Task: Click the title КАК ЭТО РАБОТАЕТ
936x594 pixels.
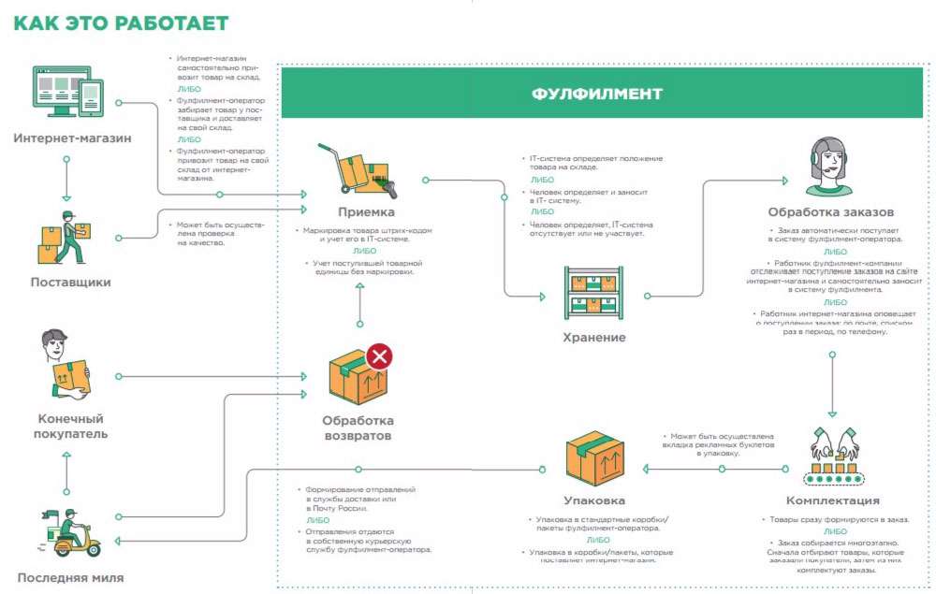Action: (121, 23)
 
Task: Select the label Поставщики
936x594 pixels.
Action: (70, 282)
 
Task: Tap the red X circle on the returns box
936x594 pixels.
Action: (379, 355)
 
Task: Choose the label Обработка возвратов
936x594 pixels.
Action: (358, 428)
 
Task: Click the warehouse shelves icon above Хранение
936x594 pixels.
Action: (594, 293)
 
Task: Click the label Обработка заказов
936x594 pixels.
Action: (830, 211)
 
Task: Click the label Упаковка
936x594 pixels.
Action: (594, 500)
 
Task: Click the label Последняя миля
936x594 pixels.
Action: (70, 576)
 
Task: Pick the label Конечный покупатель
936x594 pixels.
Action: (71, 426)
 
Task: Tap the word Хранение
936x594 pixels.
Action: (594, 337)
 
